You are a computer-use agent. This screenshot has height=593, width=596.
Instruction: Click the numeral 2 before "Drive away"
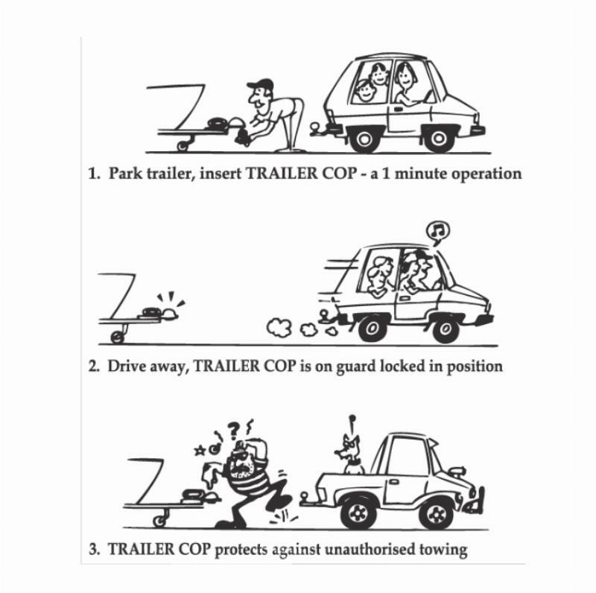(92, 367)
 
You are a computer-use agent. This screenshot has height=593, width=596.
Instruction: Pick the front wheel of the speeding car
(445, 329)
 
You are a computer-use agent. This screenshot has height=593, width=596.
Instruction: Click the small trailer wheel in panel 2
(118, 337)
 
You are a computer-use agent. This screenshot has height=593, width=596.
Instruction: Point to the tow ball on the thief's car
(305, 496)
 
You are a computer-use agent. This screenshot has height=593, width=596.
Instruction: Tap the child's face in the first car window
(366, 91)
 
